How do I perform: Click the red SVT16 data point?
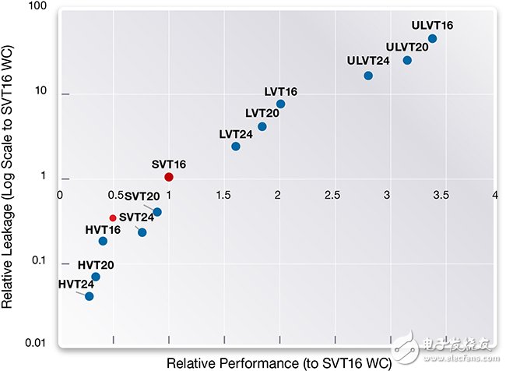169,177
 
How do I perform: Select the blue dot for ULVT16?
432,38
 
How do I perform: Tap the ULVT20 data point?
407,60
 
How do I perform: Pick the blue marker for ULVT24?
368,76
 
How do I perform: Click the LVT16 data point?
280,104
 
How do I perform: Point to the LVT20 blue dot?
262,126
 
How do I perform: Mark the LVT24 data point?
236,146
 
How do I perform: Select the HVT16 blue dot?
103,241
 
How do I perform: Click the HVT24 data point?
90,296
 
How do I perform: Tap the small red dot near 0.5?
113,218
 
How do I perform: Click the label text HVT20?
96,265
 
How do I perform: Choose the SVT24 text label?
137,217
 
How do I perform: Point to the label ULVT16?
433,25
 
